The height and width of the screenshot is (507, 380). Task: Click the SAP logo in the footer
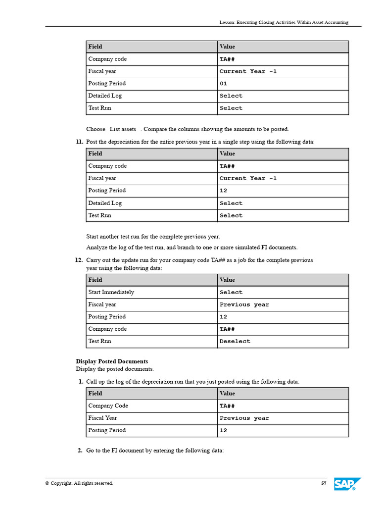coord(347,484)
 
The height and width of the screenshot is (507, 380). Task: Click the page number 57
coord(324,483)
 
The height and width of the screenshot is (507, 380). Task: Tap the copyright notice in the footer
coord(79,483)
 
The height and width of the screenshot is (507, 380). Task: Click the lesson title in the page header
coord(284,22)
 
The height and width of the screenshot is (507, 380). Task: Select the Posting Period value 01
coord(223,84)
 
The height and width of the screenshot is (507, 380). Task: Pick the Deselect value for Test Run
coord(235,342)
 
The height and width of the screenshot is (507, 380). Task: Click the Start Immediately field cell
coord(111,292)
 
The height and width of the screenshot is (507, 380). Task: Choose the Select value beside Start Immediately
coord(231,292)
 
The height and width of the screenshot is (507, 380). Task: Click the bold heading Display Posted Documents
coord(112,361)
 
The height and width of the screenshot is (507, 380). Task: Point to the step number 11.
coord(79,142)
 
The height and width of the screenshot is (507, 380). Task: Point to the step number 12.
coord(79,260)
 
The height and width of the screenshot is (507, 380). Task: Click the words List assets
coord(123,129)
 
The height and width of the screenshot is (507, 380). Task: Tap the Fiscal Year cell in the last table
coord(103,418)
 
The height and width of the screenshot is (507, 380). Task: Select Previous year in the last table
coord(244,418)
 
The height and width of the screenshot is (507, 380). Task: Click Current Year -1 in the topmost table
coord(248,71)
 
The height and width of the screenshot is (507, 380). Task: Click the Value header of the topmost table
coord(227,47)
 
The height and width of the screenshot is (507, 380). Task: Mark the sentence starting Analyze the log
coord(192,248)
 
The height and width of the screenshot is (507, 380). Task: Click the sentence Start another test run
coord(153,236)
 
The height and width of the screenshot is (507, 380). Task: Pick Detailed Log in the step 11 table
coord(105,203)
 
